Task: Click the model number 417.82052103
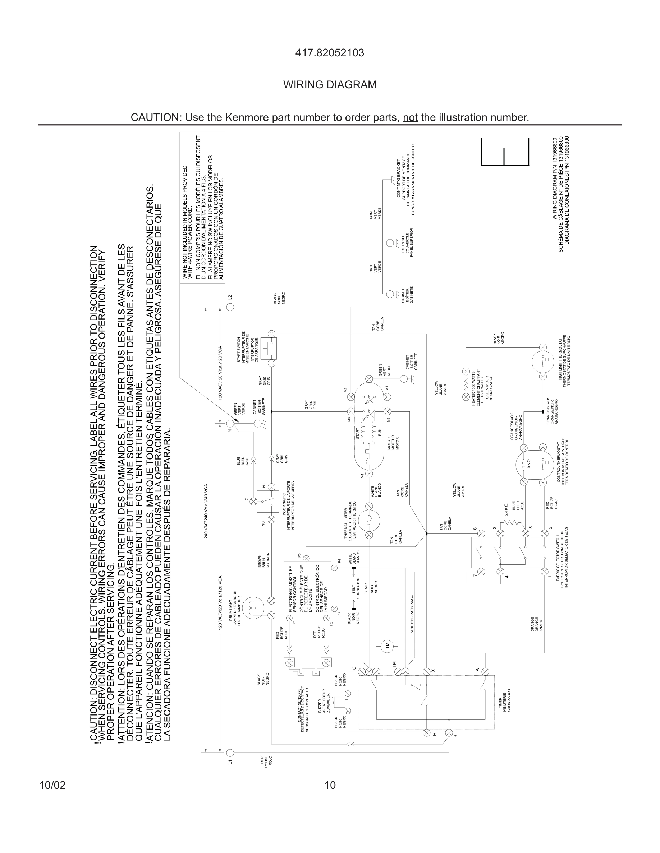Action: pos(330,53)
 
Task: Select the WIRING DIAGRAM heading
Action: pos(330,85)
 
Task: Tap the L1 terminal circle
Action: pos(230,752)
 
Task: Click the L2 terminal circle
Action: pos(230,307)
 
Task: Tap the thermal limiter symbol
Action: pos(369,520)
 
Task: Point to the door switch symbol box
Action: pos(267,501)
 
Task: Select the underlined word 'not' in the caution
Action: pos(410,117)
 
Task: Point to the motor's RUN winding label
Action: pos(379,432)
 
